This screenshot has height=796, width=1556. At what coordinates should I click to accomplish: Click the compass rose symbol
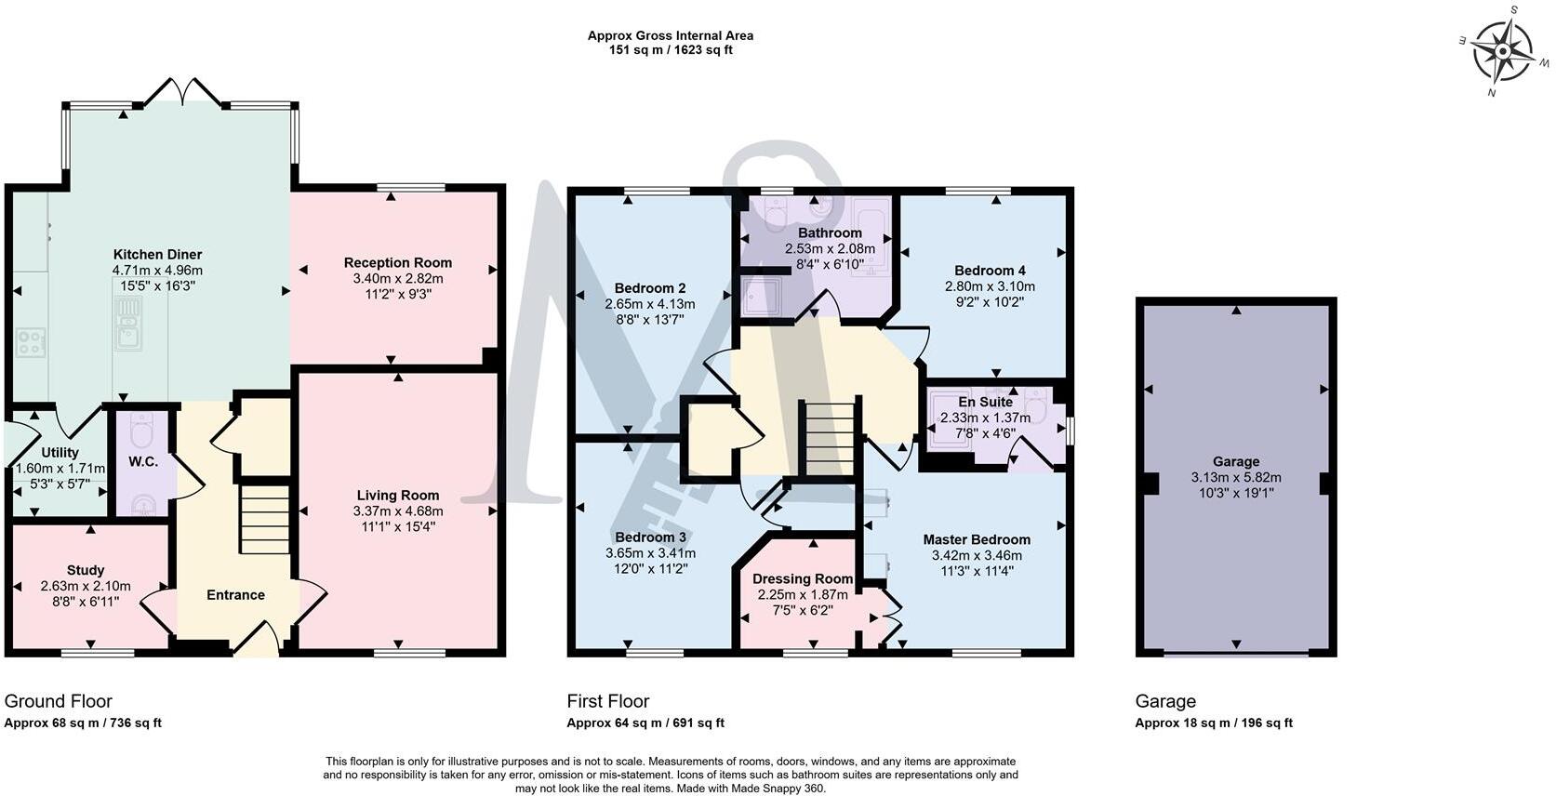click(1503, 51)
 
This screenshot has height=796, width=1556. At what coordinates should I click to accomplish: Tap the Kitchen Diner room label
click(158, 254)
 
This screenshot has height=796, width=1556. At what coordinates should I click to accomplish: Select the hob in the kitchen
click(31, 342)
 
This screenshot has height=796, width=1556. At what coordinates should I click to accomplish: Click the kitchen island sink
click(128, 324)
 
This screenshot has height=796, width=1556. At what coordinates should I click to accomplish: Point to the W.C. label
click(143, 461)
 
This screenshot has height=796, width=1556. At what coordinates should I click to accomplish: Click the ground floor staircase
click(265, 519)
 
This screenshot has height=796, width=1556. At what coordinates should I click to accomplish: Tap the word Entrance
click(235, 594)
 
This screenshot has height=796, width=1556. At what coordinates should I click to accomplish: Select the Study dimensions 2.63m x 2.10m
click(86, 586)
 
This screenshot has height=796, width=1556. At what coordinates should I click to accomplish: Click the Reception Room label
click(398, 262)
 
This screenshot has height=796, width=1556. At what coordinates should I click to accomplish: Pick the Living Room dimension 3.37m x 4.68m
click(398, 511)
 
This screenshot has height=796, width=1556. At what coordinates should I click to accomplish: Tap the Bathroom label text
click(831, 232)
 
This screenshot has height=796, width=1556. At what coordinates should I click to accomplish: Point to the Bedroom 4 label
click(990, 271)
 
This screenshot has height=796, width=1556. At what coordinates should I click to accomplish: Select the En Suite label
click(986, 402)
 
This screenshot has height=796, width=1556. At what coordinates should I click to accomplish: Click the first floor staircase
click(830, 438)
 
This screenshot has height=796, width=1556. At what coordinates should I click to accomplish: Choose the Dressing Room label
click(803, 578)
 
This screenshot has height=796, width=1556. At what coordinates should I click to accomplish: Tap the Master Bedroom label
click(977, 539)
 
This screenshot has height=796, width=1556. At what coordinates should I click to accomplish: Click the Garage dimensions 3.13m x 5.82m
click(1236, 477)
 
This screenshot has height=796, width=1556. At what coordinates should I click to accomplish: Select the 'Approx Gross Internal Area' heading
click(671, 35)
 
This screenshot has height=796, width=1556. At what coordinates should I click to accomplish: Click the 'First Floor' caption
click(608, 701)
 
